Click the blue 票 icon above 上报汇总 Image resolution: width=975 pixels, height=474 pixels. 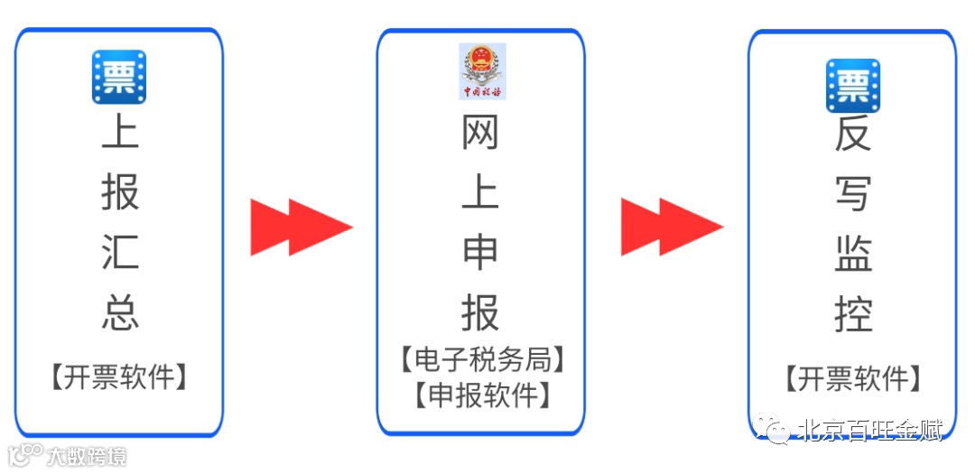click(119, 77)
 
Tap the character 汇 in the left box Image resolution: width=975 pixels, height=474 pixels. click(120, 251)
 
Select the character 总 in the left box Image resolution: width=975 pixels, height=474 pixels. click(120, 312)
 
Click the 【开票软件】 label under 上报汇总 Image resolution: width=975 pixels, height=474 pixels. click(119, 376)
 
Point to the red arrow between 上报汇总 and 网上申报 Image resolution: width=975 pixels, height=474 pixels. click(301, 226)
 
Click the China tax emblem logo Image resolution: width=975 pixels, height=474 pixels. click(482, 71)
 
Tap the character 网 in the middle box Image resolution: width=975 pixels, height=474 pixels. click(480, 135)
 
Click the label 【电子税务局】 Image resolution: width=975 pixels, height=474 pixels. click(482, 359)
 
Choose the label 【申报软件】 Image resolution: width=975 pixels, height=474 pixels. click(482, 395)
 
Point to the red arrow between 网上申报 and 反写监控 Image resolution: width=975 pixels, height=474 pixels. click(671, 226)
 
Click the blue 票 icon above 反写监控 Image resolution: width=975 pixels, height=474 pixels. click(852, 86)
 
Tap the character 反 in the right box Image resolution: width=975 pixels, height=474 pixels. click(852, 135)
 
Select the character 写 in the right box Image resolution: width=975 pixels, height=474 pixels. click(852, 194)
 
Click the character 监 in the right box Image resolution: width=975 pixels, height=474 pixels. click(852, 254)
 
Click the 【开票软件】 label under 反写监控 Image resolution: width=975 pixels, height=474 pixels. click(852, 378)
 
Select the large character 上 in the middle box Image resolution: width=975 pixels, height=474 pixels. click(480, 194)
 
